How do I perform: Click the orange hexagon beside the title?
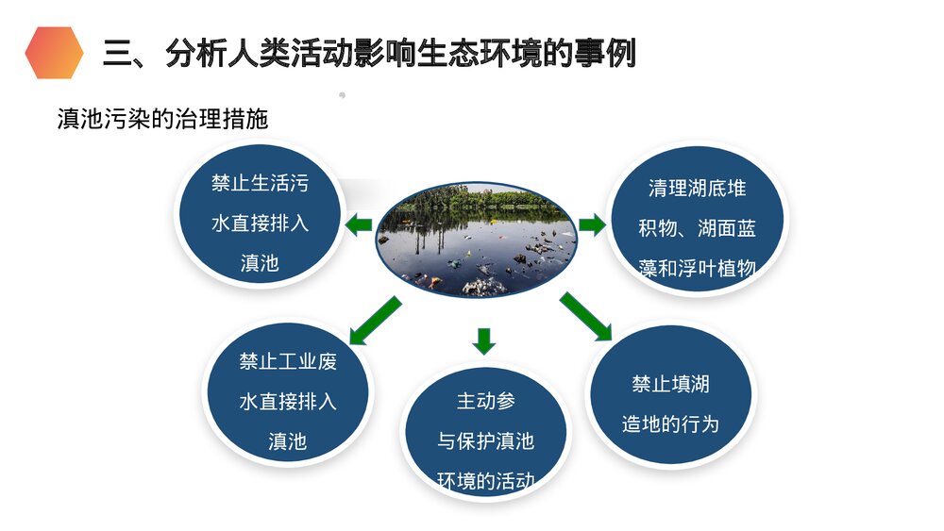click(55, 53)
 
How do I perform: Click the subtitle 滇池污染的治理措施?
click(163, 120)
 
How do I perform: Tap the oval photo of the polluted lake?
click(476, 239)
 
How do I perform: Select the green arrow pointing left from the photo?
click(357, 224)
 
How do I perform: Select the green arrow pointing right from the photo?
click(593, 224)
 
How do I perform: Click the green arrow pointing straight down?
click(484, 340)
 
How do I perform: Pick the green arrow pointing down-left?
click(375, 321)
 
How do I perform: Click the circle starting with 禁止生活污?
click(259, 221)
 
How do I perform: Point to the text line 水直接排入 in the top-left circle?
click(260, 224)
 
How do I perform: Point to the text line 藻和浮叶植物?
click(698, 268)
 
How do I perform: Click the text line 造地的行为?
click(670, 423)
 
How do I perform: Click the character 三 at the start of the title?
click(117, 54)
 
